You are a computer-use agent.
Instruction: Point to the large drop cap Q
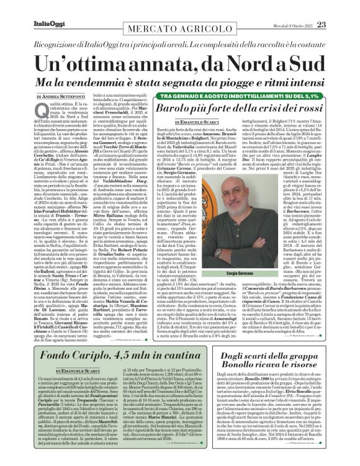39,112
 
